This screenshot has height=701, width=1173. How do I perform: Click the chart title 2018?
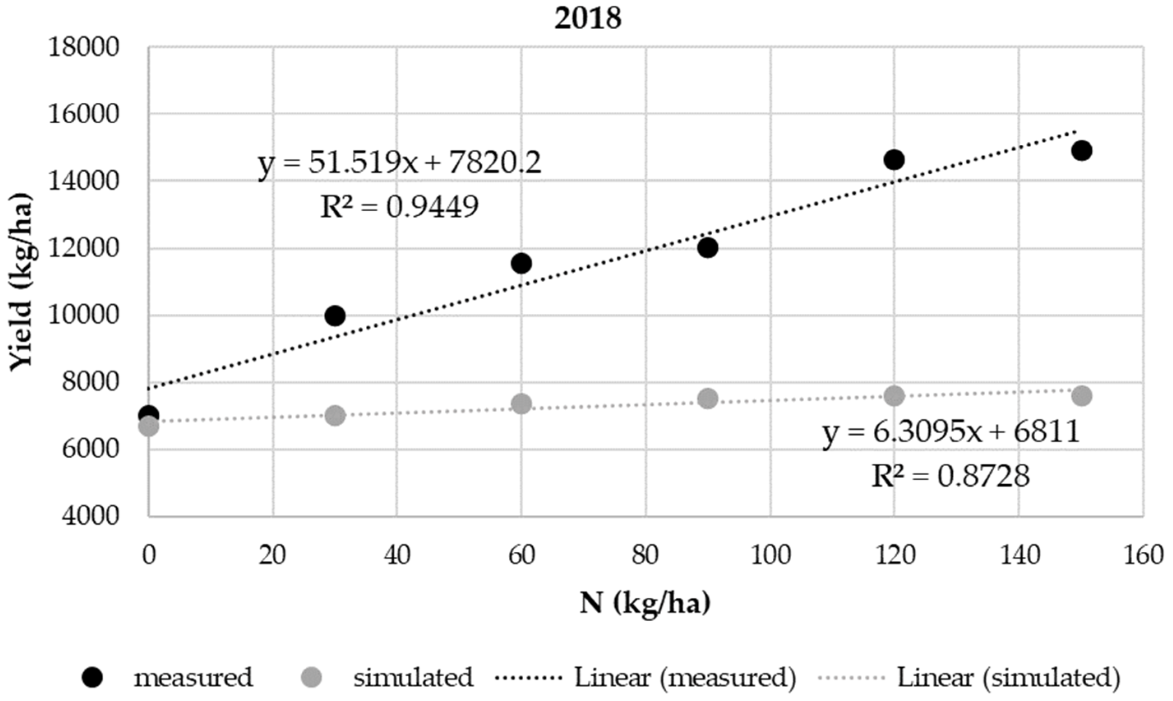point(587,19)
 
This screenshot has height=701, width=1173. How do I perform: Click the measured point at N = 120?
point(894,160)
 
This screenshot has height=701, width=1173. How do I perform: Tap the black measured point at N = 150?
point(1081,151)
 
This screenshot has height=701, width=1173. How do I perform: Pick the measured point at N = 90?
point(707,248)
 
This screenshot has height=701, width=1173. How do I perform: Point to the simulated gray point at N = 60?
point(521,404)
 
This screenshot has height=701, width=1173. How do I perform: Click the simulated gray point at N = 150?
point(1081,396)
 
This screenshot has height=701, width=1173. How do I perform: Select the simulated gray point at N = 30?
point(335,416)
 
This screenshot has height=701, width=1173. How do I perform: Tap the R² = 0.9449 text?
point(399,206)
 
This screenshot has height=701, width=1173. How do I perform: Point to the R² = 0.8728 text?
point(950,476)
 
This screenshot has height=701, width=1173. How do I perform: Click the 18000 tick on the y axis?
point(83,48)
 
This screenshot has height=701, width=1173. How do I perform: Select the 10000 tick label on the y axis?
point(83,315)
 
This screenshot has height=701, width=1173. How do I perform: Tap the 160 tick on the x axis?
point(1143,555)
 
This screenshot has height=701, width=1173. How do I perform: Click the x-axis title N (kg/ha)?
point(645,604)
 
